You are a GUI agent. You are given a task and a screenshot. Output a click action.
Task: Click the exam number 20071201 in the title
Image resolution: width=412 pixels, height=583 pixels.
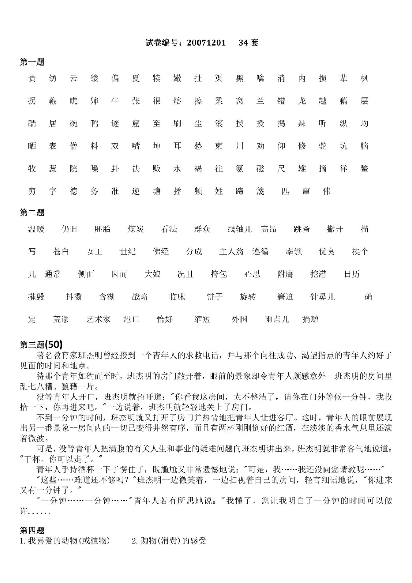pyautogui.click(x=206, y=43)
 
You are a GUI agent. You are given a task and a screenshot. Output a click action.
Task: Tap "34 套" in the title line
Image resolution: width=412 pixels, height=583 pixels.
pyautogui.click(x=248, y=43)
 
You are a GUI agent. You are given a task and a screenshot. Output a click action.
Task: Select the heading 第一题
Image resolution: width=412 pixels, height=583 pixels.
pyautogui.click(x=32, y=62)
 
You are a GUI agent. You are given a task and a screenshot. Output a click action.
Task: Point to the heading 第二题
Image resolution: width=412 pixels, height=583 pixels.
pyautogui.click(x=32, y=213)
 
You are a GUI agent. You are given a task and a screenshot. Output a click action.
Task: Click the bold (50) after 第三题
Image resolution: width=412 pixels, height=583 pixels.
pyautogui.click(x=54, y=344)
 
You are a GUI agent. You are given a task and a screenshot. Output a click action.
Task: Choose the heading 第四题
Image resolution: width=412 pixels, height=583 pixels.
pyautogui.click(x=32, y=531)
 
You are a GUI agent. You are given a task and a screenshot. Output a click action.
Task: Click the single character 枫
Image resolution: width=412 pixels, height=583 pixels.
pyautogui.click(x=364, y=78)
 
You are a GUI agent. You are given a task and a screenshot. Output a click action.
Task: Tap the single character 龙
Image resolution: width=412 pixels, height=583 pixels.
pyautogui.click(x=302, y=101)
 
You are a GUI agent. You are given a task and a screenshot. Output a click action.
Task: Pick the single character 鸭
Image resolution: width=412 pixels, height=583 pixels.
pyautogui.click(x=94, y=124)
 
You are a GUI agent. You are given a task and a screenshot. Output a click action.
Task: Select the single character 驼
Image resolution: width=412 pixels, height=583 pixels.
pyautogui.click(x=323, y=146)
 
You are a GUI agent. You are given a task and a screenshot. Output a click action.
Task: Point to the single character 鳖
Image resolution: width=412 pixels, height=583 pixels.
pyautogui.click(x=364, y=169)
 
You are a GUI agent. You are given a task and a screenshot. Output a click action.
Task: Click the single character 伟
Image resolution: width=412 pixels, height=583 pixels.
pyautogui.click(x=327, y=191)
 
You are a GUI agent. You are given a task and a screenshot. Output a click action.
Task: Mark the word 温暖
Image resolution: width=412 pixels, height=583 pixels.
pyautogui.click(x=36, y=229)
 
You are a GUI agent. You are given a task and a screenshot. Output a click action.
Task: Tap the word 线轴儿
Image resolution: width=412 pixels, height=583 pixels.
pyautogui.click(x=239, y=229)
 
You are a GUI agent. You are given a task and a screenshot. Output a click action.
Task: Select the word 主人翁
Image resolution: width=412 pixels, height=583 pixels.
pyautogui.click(x=231, y=252)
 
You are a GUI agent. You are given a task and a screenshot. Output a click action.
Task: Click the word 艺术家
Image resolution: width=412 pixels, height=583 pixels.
pyautogui.click(x=98, y=320)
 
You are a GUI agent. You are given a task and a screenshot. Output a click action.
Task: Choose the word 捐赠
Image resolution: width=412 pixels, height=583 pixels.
pyautogui.click(x=310, y=320)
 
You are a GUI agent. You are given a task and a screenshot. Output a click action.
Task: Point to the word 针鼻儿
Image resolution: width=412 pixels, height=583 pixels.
pyautogui.click(x=322, y=297)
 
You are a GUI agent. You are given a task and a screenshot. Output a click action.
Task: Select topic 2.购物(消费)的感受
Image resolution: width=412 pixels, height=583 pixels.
pyautogui.click(x=169, y=541)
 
